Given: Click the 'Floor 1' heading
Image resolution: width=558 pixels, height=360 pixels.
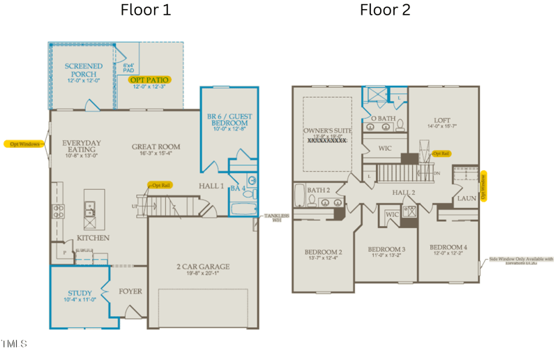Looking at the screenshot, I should [145, 10].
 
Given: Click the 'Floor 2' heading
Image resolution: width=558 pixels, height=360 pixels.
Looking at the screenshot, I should [385, 10].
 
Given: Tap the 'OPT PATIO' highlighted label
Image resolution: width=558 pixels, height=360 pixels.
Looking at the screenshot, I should [149, 80].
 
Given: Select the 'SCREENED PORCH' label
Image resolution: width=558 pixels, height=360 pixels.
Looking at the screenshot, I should [83, 70].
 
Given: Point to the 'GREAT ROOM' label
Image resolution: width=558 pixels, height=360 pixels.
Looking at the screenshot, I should [156, 147].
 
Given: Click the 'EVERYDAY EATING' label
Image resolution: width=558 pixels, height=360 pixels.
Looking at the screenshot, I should [82, 147].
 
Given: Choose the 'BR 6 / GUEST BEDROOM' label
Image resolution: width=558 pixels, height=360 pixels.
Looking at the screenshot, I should [230, 120].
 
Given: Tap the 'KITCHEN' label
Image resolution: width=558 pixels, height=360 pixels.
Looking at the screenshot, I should [93, 238].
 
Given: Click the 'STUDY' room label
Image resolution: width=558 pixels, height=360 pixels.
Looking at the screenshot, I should [80, 293].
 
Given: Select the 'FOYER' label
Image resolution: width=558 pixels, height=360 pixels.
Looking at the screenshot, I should [130, 291].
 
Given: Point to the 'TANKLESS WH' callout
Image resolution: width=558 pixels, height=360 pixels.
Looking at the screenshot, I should [276, 218].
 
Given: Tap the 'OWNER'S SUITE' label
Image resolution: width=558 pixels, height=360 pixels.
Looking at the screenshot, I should [328, 131].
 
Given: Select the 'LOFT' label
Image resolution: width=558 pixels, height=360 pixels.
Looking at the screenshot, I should [442, 120].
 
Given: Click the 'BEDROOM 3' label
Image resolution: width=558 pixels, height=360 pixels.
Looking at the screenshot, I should [387, 250].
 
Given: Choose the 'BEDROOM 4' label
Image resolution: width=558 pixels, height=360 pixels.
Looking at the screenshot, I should [448, 248].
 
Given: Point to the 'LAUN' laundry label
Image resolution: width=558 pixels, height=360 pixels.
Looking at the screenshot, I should [467, 199].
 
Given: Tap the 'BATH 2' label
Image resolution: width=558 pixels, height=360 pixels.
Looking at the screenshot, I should [318, 190].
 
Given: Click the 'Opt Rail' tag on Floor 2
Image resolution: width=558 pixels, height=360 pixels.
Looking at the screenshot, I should [441, 153].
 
